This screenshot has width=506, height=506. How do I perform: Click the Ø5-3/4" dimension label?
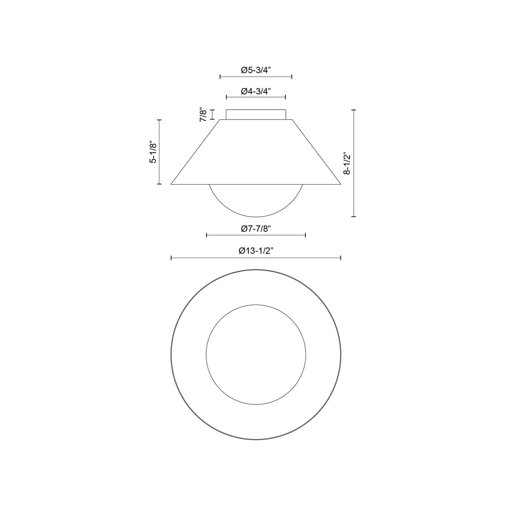pyautogui.click(x=256, y=70)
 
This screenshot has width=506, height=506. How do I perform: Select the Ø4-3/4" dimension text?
pyautogui.click(x=256, y=91)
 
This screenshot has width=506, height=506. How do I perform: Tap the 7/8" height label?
pyautogui.click(x=203, y=115)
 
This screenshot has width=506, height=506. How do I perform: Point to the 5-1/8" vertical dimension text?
pyautogui.click(x=152, y=152)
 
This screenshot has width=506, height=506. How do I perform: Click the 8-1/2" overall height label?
pyautogui.click(x=347, y=163)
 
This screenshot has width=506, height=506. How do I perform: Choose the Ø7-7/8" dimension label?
pyautogui.click(x=256, y=229)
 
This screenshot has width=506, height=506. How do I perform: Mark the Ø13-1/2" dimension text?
pyautogui.click(x=256, y=251)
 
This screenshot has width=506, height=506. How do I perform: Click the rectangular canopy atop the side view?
pyautogui.click(x=256, y=115)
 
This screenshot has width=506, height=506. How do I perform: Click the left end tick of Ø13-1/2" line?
pyautogui.click(x=171, y=258)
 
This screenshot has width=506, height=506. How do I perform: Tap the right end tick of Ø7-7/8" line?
pyautogui.click(x=305, y=235)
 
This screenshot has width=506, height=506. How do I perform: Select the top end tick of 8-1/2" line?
pyautogui.click(x=354, y=110)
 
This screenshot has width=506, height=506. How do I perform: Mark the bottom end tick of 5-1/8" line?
pyautogui.click(x=159, y=184)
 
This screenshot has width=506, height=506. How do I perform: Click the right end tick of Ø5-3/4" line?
pyautogui.click(x=292, y=76)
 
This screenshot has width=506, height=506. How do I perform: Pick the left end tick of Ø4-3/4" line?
pyautogui.click(x=226, y=97)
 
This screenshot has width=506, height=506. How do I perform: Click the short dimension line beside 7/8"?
pyautogui.click(x=213, y=115)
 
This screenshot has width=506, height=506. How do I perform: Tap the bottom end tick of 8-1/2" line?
pyautogui.click(x=354, y=216)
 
